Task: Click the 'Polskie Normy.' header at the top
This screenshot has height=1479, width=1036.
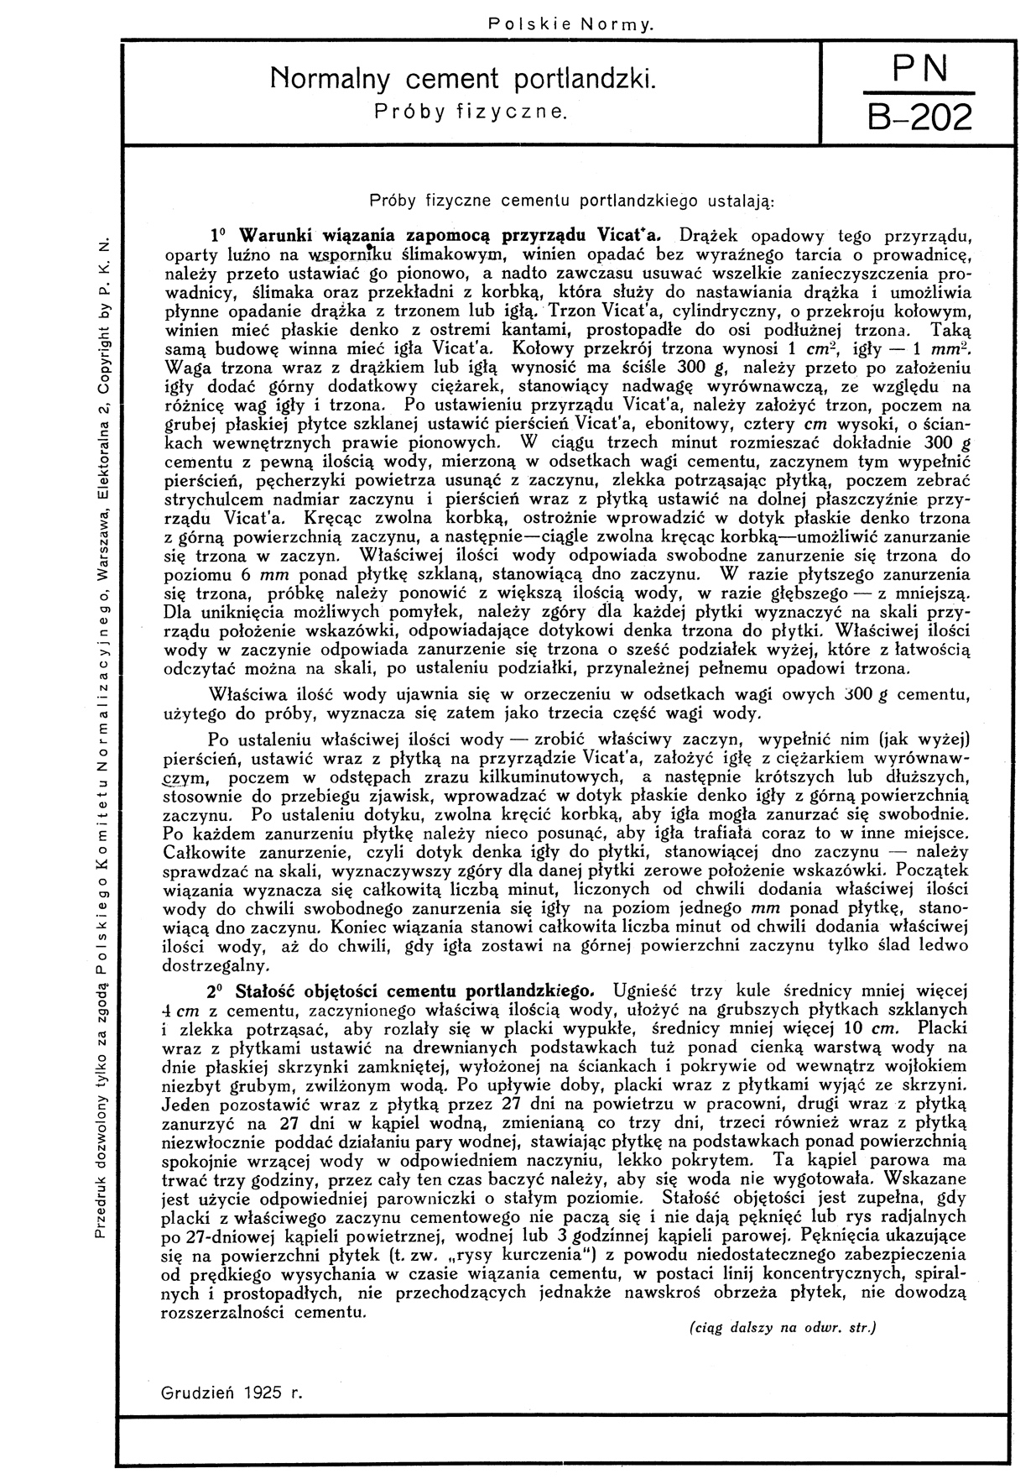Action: [x=570, y=25]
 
